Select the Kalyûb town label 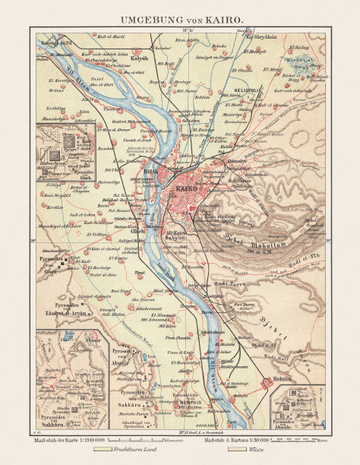[139, 57]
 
